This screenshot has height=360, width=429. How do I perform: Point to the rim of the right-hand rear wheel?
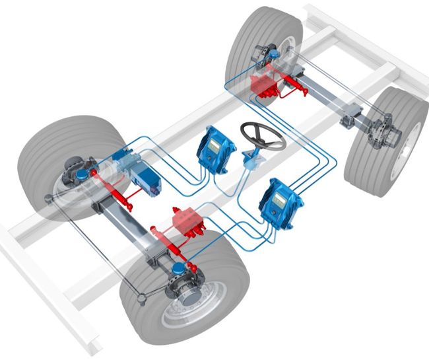(397, 142)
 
